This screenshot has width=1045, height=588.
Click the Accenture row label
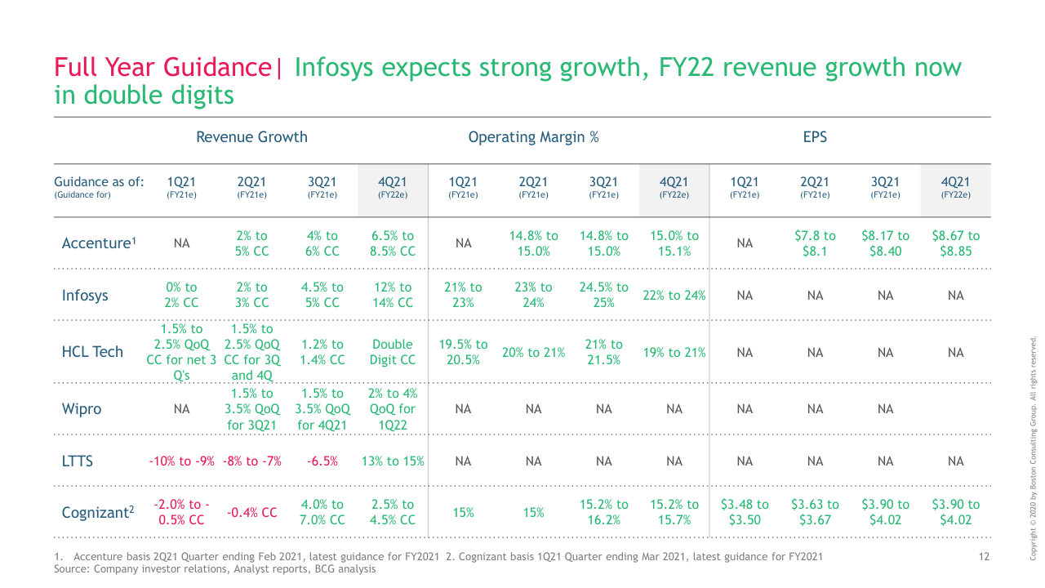click(x=98, y=243)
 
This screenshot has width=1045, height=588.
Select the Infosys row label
click(x=85, y=296)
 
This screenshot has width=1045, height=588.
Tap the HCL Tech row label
click(x=92, y=352)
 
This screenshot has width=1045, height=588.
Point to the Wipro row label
click(x=82, y=409)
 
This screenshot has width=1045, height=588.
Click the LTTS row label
click(x=78, y=461)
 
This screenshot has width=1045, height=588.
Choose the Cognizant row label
click(x=98, y=513)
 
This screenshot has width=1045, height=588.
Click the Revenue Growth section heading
click(x=251, y=137)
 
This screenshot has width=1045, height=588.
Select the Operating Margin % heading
click(x=533, y=137)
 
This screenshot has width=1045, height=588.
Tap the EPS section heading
click(x=815, y=137)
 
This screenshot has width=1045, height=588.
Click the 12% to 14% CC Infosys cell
click(x=392, y=295)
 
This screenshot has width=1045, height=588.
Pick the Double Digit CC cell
click(x=392, y=352)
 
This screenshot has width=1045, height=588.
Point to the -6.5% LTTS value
click(x=322, y=461)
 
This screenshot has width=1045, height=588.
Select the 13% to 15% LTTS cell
click(x=392, y=461)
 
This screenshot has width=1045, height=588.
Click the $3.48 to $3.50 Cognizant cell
click(x=745, y=512)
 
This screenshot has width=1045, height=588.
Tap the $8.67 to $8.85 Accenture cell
click(x=955, y=243)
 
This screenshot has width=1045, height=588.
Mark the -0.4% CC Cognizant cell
click(x=251, y=513)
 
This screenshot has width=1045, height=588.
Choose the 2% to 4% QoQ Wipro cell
click(x=392, y=409)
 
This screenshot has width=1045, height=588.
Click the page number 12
click(x=984, y=557)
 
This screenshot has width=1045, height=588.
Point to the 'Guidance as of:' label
click(x=99, y=181)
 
